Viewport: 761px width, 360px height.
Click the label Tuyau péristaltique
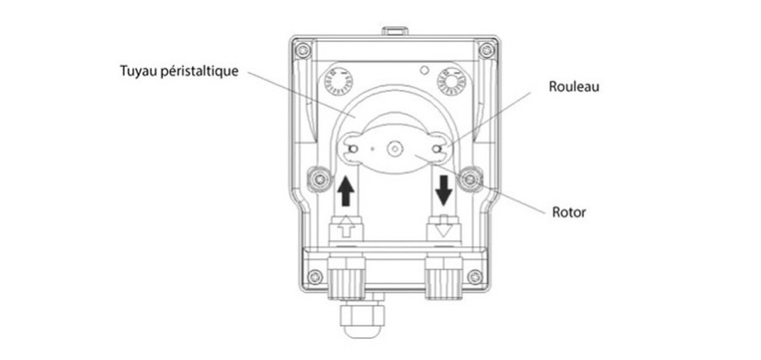click(179, 72)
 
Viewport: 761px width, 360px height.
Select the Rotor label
click(568, 213)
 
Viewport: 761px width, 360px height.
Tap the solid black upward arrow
click(347, 190)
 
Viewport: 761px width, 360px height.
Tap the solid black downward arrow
click(444, 190)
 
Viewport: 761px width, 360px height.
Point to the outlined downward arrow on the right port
click(444, 225)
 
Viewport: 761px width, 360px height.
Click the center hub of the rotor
click(395, 149)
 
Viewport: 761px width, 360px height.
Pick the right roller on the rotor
click(438, 149)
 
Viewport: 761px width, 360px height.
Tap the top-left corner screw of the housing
click(304, 51)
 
